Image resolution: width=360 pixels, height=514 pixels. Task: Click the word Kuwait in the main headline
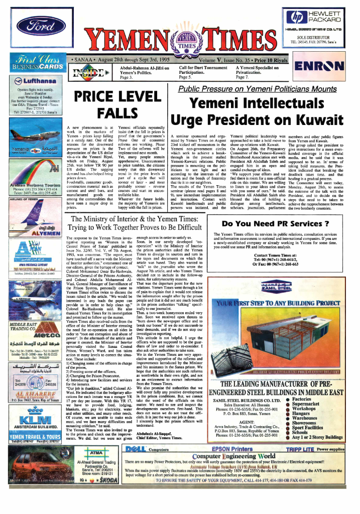(318, 120)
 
